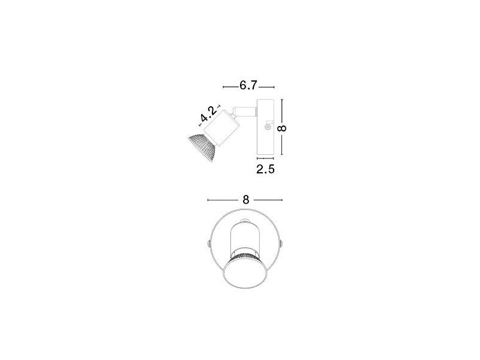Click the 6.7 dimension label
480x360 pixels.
(x=249, y=86)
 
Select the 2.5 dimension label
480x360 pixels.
(x=265, y=169)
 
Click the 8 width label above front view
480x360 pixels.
(x=245, y=200)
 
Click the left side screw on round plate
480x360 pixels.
(x=207, y=244)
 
